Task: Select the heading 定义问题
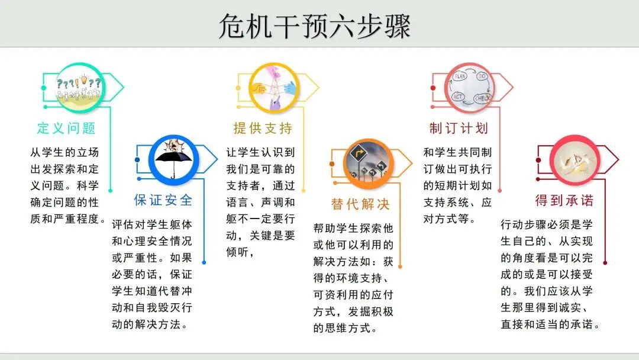[x=66, y=128]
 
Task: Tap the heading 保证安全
[x=163, y=200]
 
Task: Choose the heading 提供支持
[x=262, y=128]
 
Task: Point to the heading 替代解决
[x=360, y=205]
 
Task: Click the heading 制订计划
[x=459, y=128]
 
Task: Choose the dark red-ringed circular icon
[x=573, y=159]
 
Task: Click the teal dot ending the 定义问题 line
[x=111, y=191]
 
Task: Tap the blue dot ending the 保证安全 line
[x=205, y=262]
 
